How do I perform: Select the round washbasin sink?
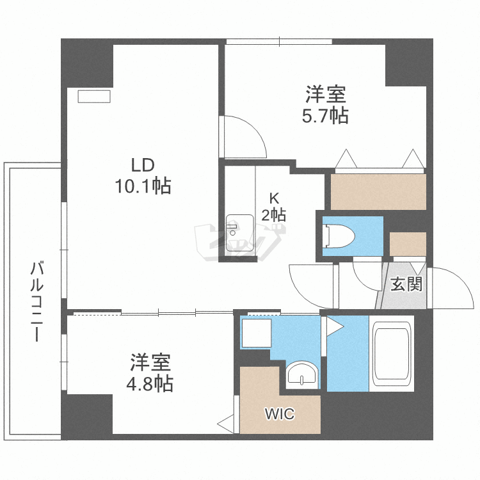coord(301,374)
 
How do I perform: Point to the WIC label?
coord(280,414)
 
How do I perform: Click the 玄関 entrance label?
coord(406,284)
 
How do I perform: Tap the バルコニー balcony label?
coord(37,301)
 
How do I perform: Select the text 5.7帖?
coord(325,116)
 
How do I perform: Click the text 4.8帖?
coord(151,384)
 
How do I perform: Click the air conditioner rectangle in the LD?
coord(95,96)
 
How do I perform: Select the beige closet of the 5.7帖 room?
coord(378,191)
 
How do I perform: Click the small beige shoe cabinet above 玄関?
coord(408,244)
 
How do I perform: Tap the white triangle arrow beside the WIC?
coord(225,423)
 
